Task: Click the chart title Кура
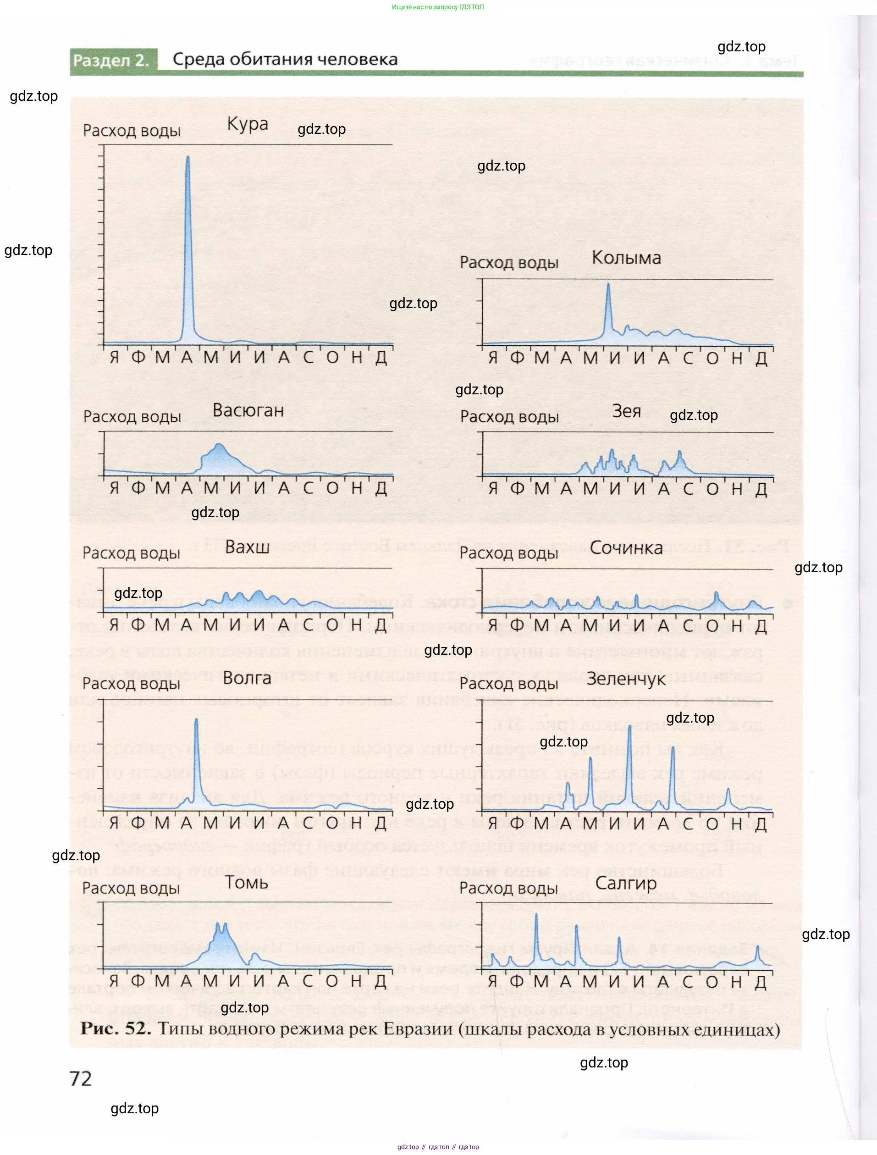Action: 248,124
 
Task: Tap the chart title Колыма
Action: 626,258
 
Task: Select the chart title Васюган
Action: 248,410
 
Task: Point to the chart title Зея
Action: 626,411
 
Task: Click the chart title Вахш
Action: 247,547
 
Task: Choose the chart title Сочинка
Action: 626,548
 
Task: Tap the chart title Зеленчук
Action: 625,680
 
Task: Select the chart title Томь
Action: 246,883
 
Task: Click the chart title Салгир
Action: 625,884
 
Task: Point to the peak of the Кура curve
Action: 188,157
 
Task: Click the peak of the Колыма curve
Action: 608,284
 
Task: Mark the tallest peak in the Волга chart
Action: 196,719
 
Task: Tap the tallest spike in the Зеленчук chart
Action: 629,726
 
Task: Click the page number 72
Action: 80,1079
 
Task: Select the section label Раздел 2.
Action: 111,61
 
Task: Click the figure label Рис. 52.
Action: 116,1028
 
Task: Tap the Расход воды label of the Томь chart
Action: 131,888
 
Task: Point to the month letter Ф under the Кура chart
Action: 138,357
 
